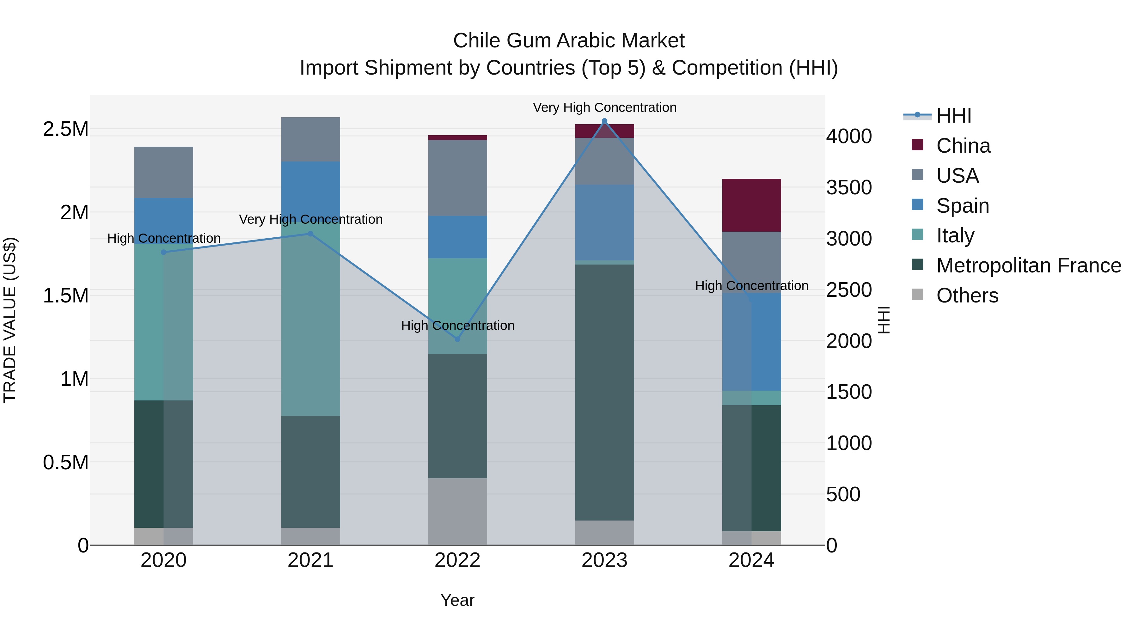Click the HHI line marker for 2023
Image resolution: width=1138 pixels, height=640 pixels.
click(604, 121)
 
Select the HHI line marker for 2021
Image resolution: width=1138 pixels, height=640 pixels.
click(310, 234)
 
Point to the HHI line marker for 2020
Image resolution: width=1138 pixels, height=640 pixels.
click(163, 252)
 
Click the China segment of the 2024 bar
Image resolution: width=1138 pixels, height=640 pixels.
click(751, 205)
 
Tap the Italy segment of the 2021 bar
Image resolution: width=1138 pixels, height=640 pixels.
click(310, 318)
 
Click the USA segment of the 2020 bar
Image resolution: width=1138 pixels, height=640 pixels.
click(163, 172)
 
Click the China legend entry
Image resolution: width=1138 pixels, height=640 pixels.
click(963, 146)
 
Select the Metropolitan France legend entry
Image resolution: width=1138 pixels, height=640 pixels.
click(1028, 265)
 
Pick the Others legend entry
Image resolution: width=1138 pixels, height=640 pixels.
click(967, 296)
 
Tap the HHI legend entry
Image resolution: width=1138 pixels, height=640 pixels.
click(953, 116)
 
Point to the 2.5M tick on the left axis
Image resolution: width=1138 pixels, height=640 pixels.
click(65, 129)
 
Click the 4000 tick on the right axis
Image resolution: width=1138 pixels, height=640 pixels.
click(849, 137)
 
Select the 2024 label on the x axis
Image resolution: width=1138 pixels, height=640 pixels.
click(751, 560)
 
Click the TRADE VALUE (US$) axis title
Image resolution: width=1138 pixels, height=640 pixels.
click(10, 320)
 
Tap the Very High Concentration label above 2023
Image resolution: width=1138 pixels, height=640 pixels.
click(604, 107)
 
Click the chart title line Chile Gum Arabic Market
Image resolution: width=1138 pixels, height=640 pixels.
click(569, 41)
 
